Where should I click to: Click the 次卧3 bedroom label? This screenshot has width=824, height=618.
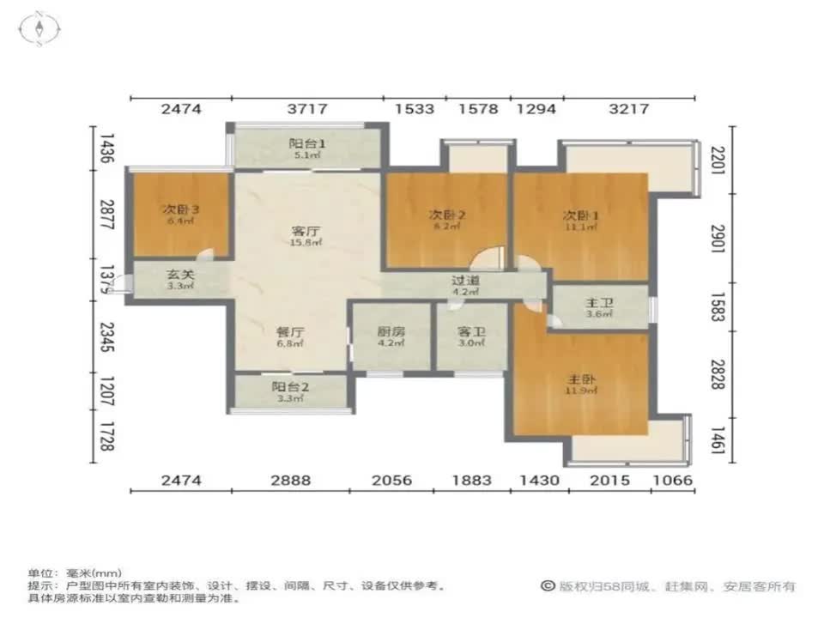(x=178, y=209)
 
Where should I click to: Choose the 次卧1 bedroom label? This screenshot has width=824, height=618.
(x=581, y=215)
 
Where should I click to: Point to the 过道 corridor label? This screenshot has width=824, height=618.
(x=465, y=280)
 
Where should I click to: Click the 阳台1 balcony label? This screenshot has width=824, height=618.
(x=306, y=143)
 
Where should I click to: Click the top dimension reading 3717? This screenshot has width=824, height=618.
(x=306, y=109)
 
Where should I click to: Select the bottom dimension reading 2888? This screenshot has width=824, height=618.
(x=289, y=481)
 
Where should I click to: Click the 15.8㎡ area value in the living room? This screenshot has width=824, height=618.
(x=306, y=243)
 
